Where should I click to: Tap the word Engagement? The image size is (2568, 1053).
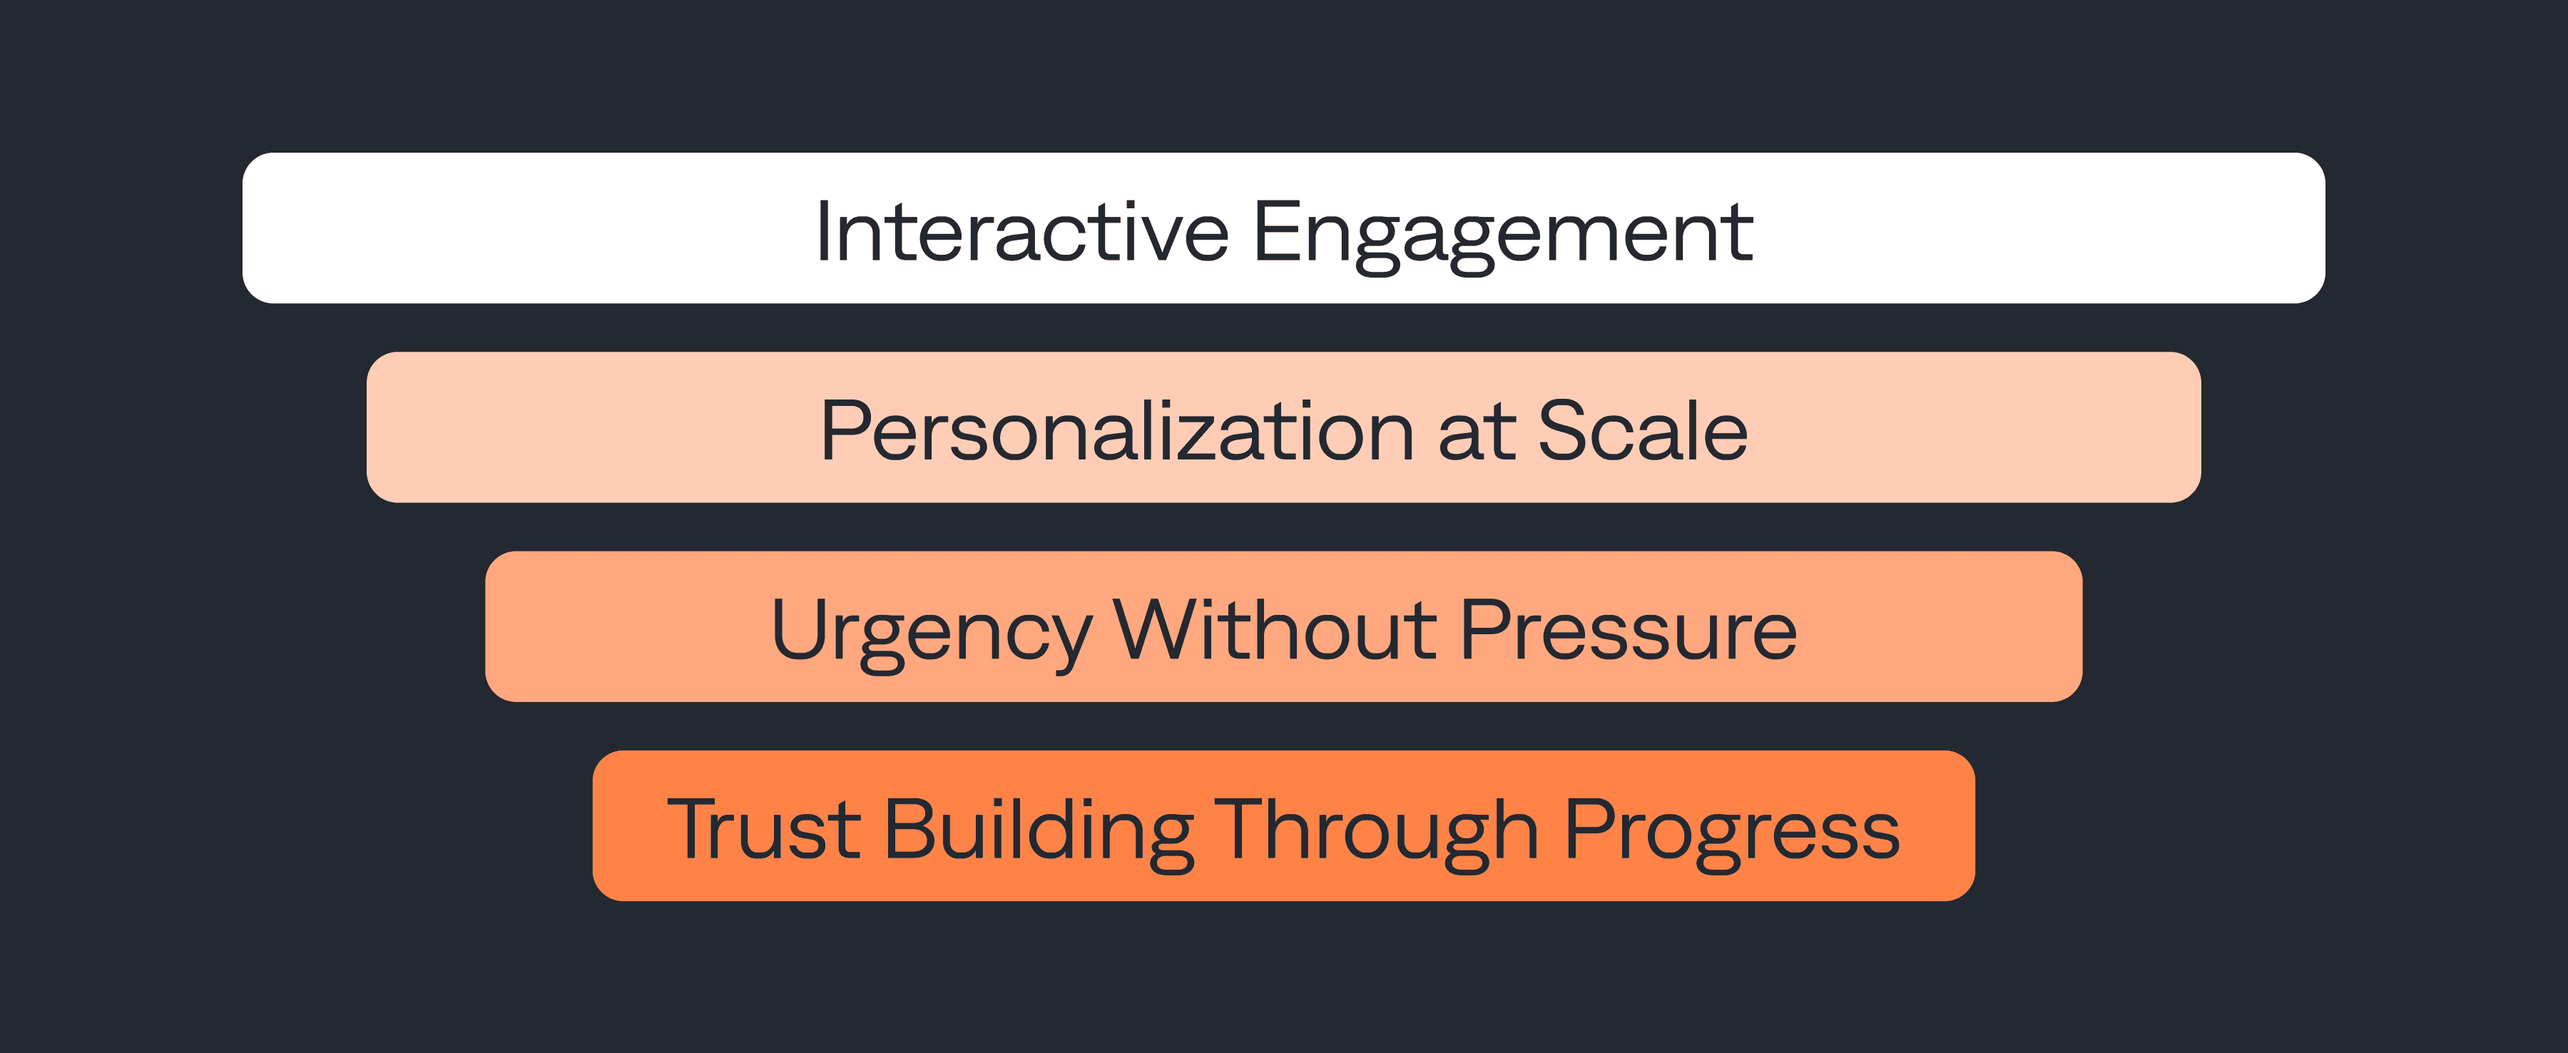tap(1502, 235)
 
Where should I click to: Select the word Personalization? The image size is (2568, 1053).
tap(1116, 431)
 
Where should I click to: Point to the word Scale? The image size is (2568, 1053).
tap(1643, 431)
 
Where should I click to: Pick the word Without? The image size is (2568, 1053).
tap(1275, 629)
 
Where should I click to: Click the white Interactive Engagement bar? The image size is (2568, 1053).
tap(1284, 228)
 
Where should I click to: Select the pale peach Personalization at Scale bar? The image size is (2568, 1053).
tap(1284, 427)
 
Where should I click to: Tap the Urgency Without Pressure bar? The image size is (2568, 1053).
tap(1284, 626)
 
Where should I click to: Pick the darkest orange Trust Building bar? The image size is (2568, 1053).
tap(1284, 825)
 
